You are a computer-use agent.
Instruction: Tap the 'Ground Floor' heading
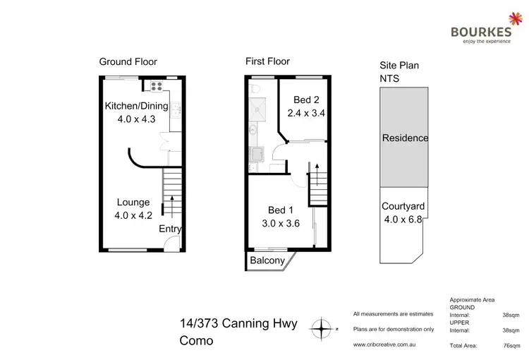coord(128,62)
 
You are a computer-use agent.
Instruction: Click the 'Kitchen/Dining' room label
coord(136,107)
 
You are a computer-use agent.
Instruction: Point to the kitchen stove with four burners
coord(155,87)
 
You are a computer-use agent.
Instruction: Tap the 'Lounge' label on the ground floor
coord(133,203)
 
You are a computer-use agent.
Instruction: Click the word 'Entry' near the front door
coord(169,229)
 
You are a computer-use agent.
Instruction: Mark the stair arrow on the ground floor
coord(170,206)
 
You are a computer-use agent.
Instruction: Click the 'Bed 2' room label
coord(306,100)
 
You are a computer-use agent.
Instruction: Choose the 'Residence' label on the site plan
coord(405,138)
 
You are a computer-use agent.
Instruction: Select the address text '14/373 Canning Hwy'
coord(238,324)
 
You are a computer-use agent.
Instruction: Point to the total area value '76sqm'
coord(506,345)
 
